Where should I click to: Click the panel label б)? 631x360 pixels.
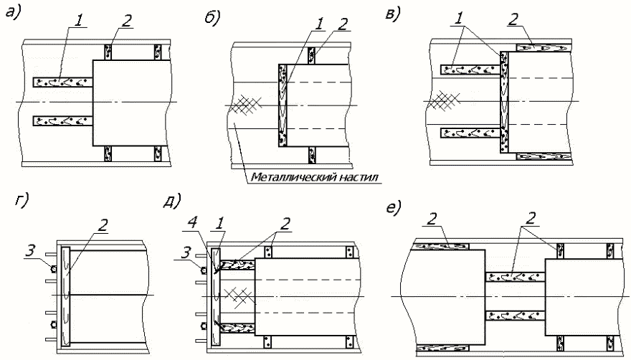point(212,19)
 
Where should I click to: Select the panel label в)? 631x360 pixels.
point(393,14)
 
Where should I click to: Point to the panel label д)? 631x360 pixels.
point(172,201)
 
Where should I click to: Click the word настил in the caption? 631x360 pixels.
point(361,177)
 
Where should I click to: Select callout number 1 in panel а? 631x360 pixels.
point(80,22)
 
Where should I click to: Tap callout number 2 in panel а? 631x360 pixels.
point(126,22)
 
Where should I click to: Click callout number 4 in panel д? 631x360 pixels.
point(194,223)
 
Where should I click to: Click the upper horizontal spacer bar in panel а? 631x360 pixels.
point(63,82)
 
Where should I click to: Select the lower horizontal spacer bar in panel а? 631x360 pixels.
point(63,120)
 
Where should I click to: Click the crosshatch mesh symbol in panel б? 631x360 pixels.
point(245,105)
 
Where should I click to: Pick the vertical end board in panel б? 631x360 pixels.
point(283,105)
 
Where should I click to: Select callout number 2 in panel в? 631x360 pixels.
point(513,20)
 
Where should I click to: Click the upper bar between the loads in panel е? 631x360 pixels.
point(515,277)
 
